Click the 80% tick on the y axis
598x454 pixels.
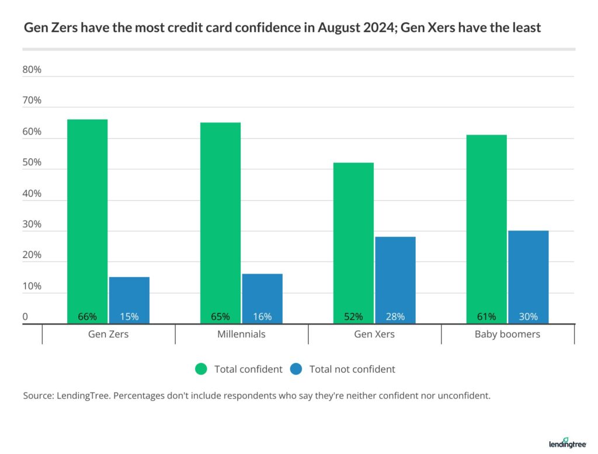pos(32,69)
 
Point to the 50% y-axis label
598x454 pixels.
pos(32,162)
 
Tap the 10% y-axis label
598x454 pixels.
pos(32,287)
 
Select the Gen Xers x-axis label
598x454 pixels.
pos(374,334)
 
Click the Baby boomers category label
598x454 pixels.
pos(507,334)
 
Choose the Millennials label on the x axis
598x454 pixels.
pos(241,334)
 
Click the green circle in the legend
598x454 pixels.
pos(201,369)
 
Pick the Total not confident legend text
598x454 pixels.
pos(352,369)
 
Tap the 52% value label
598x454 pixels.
pos(353,317)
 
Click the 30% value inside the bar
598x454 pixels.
pos(529,317)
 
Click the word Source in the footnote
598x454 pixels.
pos(38,396)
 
